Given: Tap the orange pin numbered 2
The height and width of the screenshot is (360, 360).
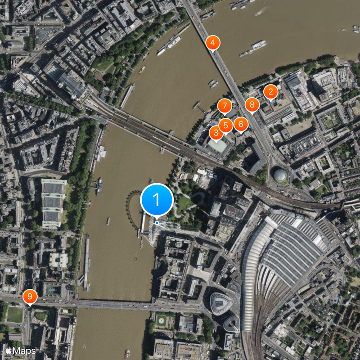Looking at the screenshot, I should pyautogui.click(x=270, y=92).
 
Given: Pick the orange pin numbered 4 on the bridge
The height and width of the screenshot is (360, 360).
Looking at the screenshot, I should pyautogui.click(x=213, y=43).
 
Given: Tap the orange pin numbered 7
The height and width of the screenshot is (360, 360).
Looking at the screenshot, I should pyautogui.click(x=224, y=107).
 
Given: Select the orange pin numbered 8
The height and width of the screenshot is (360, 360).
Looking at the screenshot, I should pyautogui.click(x=252, y=105).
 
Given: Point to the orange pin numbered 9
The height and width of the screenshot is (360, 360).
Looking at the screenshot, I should pyautogui.click(x=30, y=297).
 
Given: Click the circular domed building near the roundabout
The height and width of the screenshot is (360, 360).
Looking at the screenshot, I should pyautogui.click(x=281, y=175).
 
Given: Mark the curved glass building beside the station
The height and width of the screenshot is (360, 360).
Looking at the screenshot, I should pyautogui.click(x=220, y=303).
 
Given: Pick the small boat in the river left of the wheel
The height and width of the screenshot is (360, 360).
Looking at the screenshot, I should pyautogui.click(x=108, y=221).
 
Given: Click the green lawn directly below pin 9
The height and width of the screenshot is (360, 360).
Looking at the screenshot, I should pyautogui.click(x=15, y=315).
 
